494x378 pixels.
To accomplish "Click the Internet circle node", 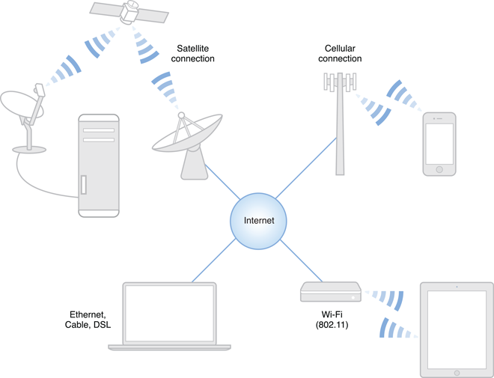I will [x=259, y=220].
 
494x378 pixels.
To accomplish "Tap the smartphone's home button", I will [x=439, y=169].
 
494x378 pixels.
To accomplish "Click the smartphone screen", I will [x=439, y=142].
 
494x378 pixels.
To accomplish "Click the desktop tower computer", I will [x=98, y=165].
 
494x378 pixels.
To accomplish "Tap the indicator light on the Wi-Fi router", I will [x=351, y=296].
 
